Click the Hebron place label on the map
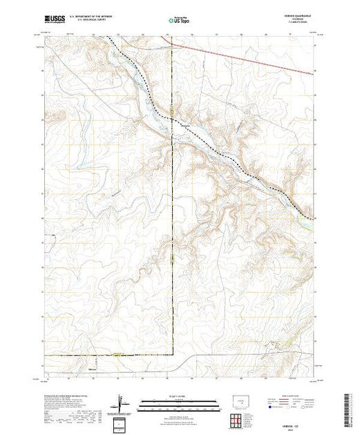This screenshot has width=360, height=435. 184,124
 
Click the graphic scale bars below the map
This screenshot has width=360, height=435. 178,403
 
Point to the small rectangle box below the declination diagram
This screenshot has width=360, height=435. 121,423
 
